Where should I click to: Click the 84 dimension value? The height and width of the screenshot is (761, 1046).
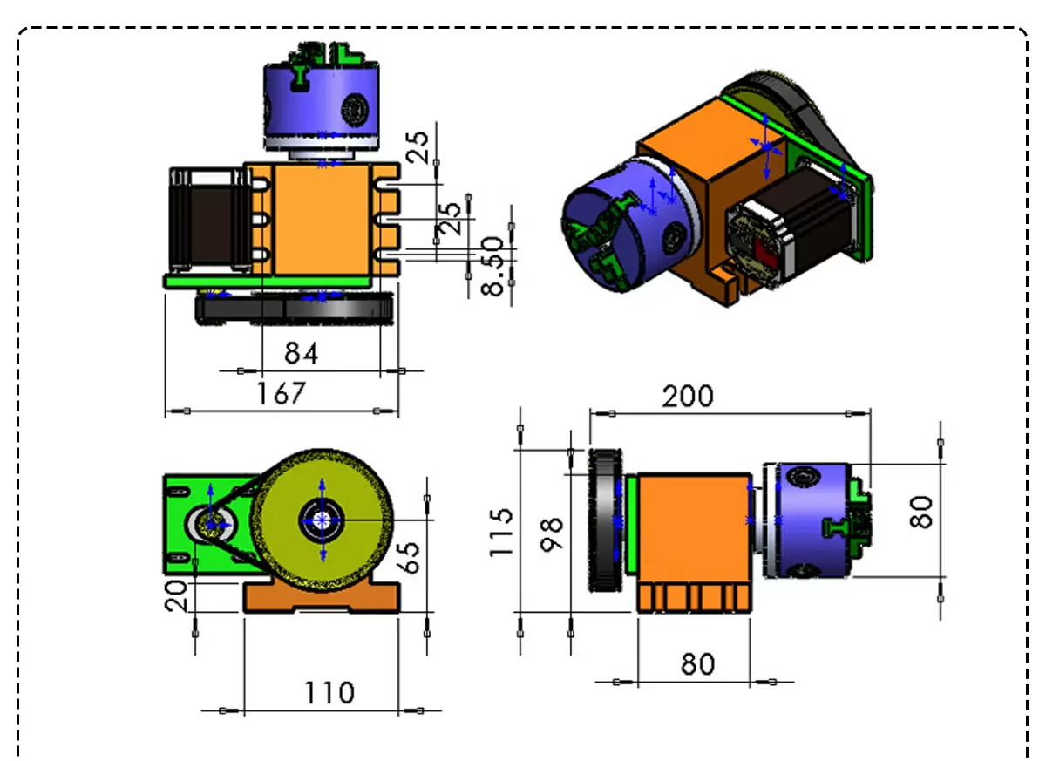coord(301,353)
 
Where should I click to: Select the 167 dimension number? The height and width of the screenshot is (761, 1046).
coord(282,393)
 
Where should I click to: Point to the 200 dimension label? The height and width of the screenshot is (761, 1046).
coord(687,397)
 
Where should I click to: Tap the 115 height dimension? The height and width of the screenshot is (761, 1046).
coord(504,532)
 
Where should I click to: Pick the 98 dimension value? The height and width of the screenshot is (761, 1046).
coord(552,532)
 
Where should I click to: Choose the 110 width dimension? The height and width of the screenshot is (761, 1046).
coord(329,693)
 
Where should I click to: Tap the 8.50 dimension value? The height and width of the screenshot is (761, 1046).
coord(494,266)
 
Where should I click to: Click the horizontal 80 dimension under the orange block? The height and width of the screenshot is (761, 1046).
coord(697,664)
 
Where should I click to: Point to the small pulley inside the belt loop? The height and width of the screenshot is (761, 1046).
coord(211,523)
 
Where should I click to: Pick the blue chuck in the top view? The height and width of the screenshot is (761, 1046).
coord(321,96)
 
